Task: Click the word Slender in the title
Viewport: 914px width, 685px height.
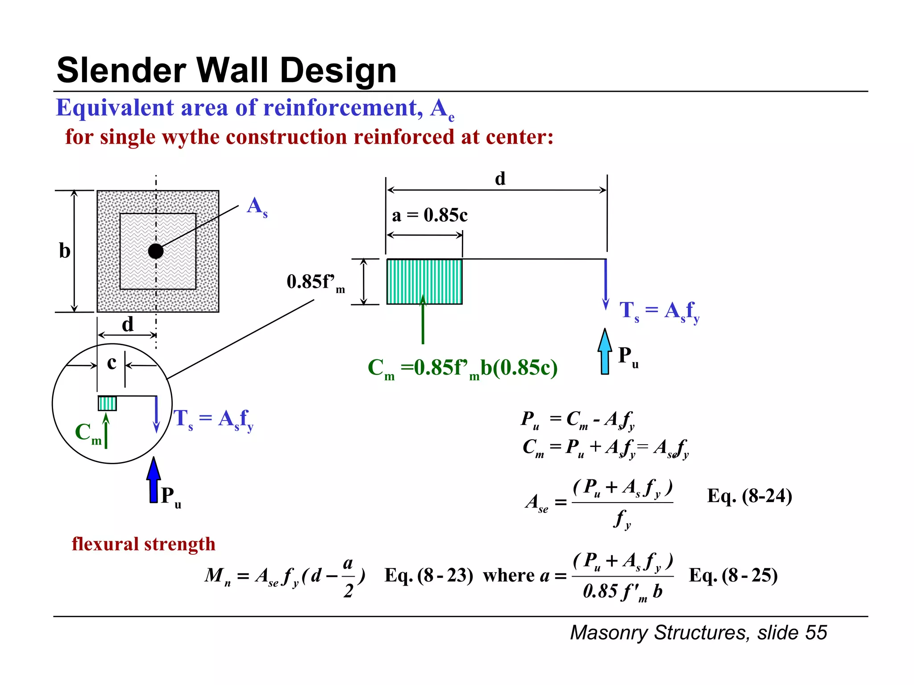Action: point(121,70)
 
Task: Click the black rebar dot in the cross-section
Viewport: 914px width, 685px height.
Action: point(156,251)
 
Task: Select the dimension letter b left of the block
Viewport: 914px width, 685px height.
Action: point(65,251)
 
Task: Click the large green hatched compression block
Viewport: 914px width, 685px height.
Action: point(424,281)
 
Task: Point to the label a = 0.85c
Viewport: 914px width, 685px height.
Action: point(429,215)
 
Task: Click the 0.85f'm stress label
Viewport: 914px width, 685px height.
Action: point(315,282)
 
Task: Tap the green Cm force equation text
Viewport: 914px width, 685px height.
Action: point(462,368)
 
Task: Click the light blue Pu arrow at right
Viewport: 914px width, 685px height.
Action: point(605,352)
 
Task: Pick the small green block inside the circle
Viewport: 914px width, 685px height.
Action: point(107,403)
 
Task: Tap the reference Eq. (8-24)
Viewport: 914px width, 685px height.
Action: point(749,496)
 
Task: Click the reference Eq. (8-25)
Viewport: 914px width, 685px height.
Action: point(733,575)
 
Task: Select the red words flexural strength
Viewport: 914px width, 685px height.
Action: point(143,544)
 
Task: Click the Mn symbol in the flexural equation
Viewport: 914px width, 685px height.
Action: point(218,576)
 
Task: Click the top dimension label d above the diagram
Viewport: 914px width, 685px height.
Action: point(500,179)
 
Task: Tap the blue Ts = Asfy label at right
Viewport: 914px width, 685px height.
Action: point(659,310)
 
